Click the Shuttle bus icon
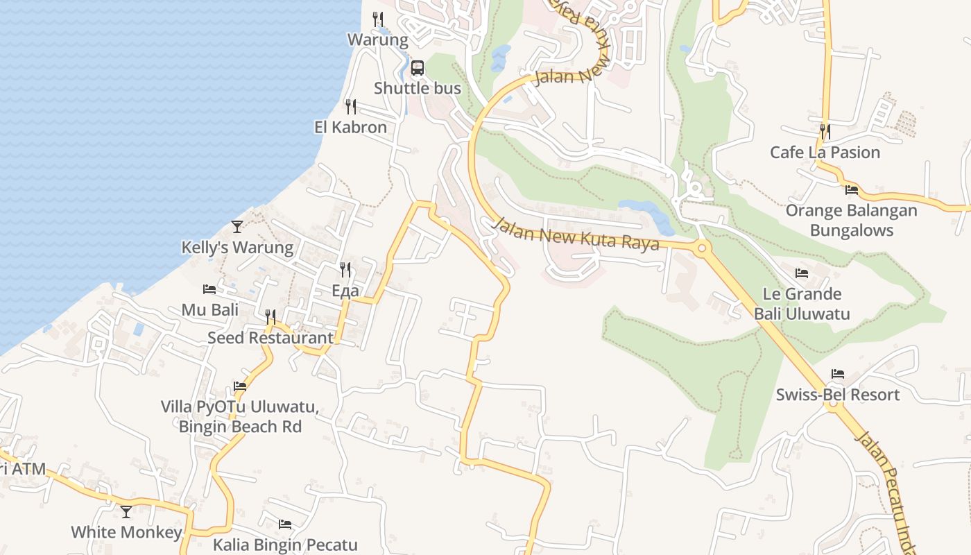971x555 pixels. coord(417,68)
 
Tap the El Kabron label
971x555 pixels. coord(350,128)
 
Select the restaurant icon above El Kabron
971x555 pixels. coord(351,107)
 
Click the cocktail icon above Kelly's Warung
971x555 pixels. coord(237,226)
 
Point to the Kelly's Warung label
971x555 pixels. coord(237,248)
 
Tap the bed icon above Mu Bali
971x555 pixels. coord(209,289)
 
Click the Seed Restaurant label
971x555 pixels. coord(270,338)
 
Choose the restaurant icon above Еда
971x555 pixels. coord(345,269)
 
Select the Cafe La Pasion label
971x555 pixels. coord(825,153)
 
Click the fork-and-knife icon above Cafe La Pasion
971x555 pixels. coord(825,130)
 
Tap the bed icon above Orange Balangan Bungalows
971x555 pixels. coord(852,189)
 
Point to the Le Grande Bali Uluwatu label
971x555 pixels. coord(802,304)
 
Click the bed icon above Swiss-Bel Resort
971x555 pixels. coord(838,374)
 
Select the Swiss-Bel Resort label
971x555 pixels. coord(838,395)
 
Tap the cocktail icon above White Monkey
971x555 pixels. coord(126,512)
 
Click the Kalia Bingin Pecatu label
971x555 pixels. coord(285,545)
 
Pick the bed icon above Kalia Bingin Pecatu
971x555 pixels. coord(285,524)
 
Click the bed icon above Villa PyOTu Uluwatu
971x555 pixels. coord(240,386)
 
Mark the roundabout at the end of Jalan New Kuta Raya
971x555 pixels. coord(702,247)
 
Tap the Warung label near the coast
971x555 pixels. coord(378,40)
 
